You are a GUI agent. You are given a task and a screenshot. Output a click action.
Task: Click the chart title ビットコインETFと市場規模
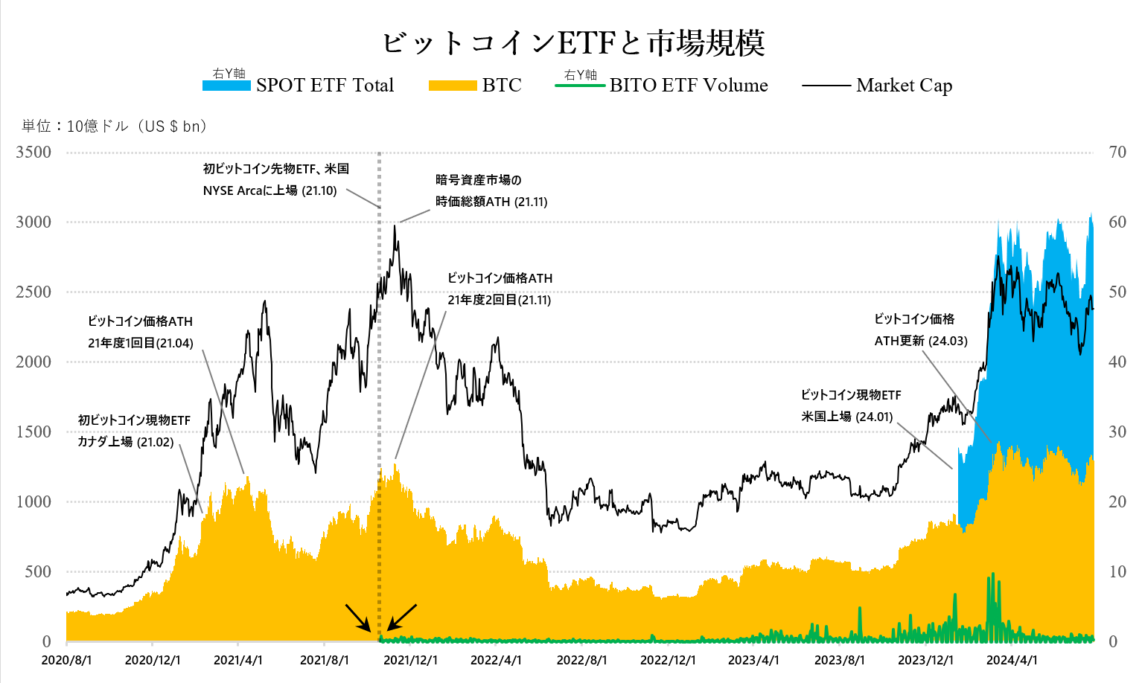click(573, 43)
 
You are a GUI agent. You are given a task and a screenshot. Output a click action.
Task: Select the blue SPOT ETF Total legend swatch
click(226, 86)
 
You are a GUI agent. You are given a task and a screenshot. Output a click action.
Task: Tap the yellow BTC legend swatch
click(452, 86)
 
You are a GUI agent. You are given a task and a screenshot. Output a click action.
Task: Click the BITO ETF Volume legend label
click(688, 86)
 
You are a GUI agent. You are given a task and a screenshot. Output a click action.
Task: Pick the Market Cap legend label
click(904, 86)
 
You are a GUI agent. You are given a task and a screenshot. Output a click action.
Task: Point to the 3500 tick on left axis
click(34, 153)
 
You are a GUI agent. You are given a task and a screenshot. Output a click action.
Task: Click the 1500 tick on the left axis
click(34, 432)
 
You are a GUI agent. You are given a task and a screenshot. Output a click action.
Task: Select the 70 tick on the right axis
click(1117, 153)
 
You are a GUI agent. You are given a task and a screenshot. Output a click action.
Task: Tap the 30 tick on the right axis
click(1117, 432)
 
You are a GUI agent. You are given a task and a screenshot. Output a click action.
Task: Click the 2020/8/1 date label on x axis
click(67, 661)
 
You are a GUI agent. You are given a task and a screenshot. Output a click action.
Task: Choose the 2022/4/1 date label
click(496, 661)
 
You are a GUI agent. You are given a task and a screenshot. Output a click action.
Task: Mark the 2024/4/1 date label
click(1012, 661)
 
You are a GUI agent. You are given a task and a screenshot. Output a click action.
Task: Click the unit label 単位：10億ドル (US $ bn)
click(115, 126)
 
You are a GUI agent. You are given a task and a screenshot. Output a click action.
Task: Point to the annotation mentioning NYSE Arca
click(269, 190)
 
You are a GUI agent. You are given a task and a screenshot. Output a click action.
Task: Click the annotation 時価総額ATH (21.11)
click(491, 202)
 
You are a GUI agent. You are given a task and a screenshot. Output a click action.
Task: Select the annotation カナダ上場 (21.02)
click(126, 442)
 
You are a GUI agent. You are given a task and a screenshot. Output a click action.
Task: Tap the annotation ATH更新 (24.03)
click(921, 341)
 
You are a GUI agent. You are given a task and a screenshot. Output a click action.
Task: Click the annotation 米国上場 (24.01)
click(847, 417)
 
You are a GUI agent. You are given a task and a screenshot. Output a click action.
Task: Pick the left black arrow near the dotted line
click(357, 618)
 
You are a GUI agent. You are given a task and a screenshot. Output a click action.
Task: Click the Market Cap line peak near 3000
click(395, 226)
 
